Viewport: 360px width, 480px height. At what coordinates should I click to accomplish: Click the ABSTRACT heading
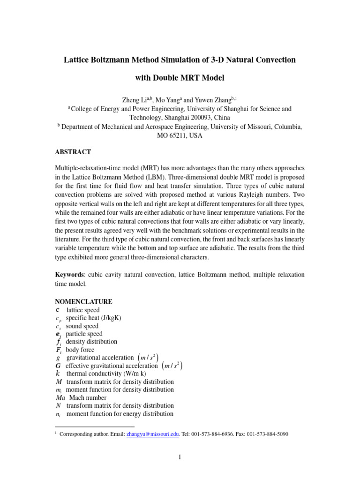tap(73, 152)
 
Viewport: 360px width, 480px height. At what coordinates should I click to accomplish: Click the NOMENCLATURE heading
tap(84, 301)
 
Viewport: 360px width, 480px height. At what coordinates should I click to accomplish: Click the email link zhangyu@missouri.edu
tap(153, 434)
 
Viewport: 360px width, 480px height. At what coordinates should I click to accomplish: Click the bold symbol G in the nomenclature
tap(58, 366)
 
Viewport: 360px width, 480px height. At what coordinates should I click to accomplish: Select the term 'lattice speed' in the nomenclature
tap(83, 310)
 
